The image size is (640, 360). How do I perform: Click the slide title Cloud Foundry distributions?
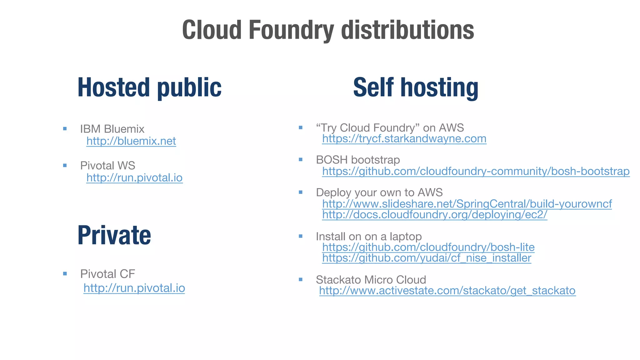[328, 30]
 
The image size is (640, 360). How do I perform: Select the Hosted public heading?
[149, 87]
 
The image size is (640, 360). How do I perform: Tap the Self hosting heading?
[416, 87]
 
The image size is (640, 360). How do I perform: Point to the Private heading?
[114, 235]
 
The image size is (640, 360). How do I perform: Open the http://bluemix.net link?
[131, 141]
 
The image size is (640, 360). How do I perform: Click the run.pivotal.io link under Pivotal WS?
[134, 177]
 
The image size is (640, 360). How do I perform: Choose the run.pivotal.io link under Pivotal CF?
[134, 288]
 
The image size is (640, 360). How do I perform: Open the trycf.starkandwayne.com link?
[404, 138]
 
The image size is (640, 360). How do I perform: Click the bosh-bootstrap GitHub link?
[476, 171]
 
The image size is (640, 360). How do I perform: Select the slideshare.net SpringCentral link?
[467, 204]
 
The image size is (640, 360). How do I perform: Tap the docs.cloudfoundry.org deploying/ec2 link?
[434, 215]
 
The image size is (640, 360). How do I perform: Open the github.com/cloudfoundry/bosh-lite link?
[428, 247]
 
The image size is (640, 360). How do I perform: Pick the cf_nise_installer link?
[427, 258]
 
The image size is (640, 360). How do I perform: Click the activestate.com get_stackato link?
[447, 291]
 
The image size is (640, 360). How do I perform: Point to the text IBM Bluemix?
[112, 129]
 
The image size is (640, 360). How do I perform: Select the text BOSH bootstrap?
[358, 160]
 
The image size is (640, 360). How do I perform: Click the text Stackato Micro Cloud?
[371, 279]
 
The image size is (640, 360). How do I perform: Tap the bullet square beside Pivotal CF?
[65, 274]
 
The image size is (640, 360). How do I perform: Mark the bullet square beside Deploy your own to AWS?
[301, 192]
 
